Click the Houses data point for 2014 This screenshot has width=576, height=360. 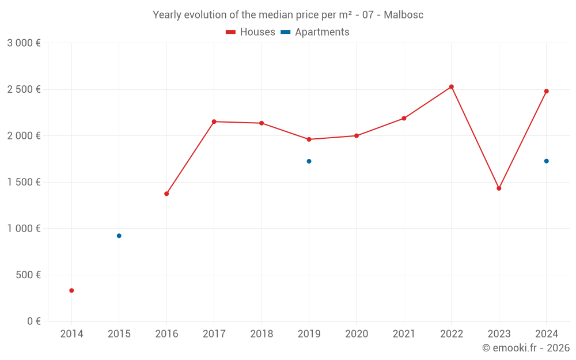(71, 290)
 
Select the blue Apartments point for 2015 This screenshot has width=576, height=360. (119, 236)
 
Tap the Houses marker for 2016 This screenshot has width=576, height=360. (166, 194)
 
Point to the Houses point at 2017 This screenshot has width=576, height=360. (214, 122)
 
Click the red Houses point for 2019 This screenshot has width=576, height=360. (309, 139)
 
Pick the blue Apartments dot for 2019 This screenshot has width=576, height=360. (309, 161)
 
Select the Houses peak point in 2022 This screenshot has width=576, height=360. (452, 87)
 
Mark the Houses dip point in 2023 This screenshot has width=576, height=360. (499, 188)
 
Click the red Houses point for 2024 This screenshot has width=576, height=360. (547, 91)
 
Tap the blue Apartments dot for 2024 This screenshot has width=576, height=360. (547, 161)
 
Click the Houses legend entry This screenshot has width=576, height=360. (251, 32)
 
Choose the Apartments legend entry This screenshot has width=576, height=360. (315, 32)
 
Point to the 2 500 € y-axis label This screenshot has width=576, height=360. (24, 89)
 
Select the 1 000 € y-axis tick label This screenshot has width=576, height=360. (24, 228)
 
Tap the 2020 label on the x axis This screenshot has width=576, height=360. (356, 334)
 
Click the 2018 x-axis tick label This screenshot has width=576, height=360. (262, 334)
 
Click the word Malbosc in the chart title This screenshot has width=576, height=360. (403, 15)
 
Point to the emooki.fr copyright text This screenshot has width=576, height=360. (525, 348)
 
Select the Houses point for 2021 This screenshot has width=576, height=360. (404, 118)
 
